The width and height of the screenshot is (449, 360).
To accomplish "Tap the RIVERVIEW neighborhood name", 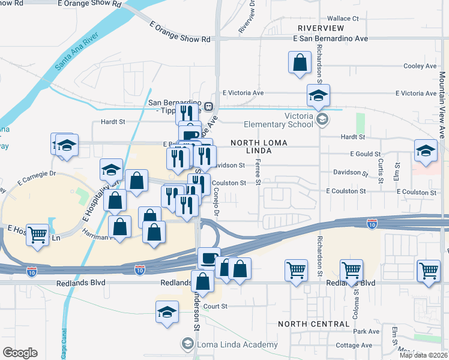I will [x=321, y=28].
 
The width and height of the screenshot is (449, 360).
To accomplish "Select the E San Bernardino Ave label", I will [x=330, y=38].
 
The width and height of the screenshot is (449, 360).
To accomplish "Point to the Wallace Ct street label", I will [x=343, y=19].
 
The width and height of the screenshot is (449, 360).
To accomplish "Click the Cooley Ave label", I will [x=420, y=66].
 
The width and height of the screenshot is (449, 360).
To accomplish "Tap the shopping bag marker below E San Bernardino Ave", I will [x=300, y=62].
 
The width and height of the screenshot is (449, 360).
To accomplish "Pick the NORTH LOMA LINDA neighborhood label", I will [x=259, y=148].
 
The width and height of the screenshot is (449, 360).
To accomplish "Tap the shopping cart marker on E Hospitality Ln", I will [x=38, y=235].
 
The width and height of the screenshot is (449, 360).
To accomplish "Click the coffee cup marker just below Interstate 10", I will [x=209, y=257].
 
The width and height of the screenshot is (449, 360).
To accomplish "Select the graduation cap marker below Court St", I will [x=167, y=311].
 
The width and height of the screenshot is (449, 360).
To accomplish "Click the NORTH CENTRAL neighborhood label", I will [x=313, y=323].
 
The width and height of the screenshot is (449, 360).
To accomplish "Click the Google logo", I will [x=20, y=353].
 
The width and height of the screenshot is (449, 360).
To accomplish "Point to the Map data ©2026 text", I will [x=423, y=355].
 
